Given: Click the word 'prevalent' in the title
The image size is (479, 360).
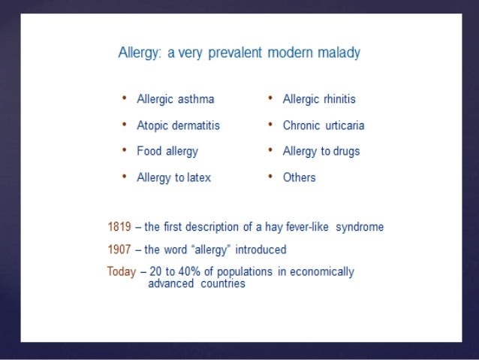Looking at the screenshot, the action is (235, 53).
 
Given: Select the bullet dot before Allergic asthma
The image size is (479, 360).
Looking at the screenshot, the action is (124, 98).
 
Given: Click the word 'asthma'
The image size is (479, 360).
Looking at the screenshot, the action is (196, 99).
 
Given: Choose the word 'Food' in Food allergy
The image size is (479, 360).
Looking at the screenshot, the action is (149, 151).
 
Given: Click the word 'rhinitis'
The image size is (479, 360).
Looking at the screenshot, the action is (339, 99).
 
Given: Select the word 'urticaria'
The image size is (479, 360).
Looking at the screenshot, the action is (345, 126).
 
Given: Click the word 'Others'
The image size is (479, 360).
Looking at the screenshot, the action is (299, 177).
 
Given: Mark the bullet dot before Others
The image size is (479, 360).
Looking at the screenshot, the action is (270, 177).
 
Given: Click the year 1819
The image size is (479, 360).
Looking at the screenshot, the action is (119, 227).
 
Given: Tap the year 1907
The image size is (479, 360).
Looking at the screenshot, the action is (119, 250).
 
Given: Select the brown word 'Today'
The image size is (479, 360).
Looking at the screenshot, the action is (122, 272).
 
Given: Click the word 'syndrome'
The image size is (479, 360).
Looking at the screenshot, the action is (360, 227).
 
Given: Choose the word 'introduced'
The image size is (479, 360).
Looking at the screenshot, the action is (261, 250).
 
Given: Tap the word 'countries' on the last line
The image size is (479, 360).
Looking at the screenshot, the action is (223, 283).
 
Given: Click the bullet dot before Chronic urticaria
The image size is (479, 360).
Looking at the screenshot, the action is (270, 124).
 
